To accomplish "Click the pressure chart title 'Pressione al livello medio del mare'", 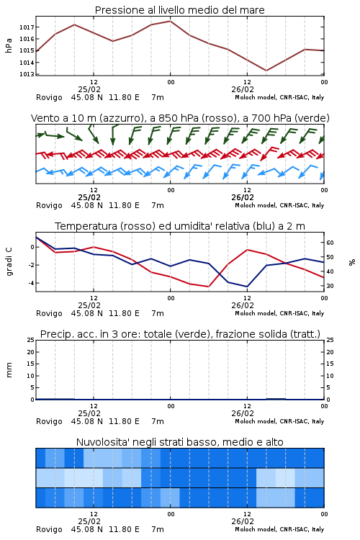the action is (179, 10).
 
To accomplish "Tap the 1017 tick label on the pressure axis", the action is (27, 27).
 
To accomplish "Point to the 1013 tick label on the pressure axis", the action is (27, 74).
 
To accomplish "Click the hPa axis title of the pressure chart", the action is (9, 45).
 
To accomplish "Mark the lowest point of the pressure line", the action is (266, 71).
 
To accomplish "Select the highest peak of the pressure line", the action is (170, 21).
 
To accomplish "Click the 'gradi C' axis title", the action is (9, 261).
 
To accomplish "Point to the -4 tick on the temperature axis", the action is (31, 283).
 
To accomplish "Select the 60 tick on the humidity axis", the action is (330, 243).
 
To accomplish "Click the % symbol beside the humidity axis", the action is (352, 262).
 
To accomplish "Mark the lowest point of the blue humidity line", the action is (247, 287).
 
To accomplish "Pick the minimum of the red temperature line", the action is (208, 287).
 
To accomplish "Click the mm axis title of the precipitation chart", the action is (9, 370).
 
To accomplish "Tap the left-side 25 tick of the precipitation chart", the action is (31, 340).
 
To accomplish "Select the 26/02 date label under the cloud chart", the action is (243, 521).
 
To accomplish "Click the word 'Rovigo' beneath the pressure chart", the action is (49, 97).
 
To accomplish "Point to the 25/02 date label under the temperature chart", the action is (89, 305).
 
